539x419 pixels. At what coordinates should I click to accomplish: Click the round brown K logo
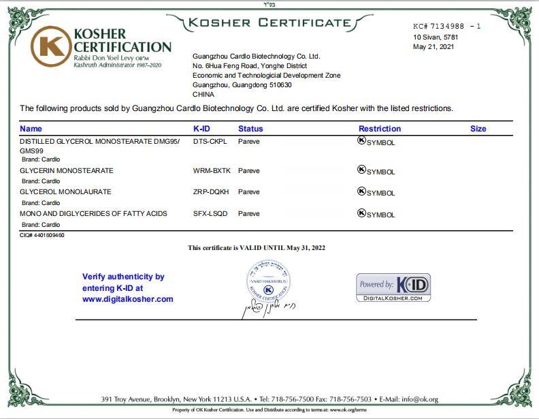pyautogui.click(x=50, y=46)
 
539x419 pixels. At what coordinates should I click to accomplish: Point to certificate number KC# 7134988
pyautogui.click(x=442, y=26)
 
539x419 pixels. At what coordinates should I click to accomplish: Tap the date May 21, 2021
pyautogui.click(x=433, y=47)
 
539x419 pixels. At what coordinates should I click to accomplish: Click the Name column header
pyautogui.click(x=31, y=128)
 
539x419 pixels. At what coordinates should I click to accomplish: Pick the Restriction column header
pyautogui.click(x=380, y=128)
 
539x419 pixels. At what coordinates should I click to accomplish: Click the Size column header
pyautogui.click(x=478, y=128)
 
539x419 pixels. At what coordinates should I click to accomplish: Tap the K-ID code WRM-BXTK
pyautogui.click(x=212, y=170)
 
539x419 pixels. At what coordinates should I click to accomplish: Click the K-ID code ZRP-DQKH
pyautogui.click(x=211, y=192)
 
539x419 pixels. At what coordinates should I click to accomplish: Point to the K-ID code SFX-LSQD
pyautogui.click(x=211, y=214)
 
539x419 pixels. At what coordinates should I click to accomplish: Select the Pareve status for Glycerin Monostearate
pyautogui.click(x=248, y=170)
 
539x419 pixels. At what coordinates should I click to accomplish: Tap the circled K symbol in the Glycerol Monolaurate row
pyautogui.click(x=361, y=191)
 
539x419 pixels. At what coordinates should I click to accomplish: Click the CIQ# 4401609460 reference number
pyautogui.click(x=42, y=235)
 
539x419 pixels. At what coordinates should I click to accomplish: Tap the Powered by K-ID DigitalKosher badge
pyautogui.click(x=393, y=288)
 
